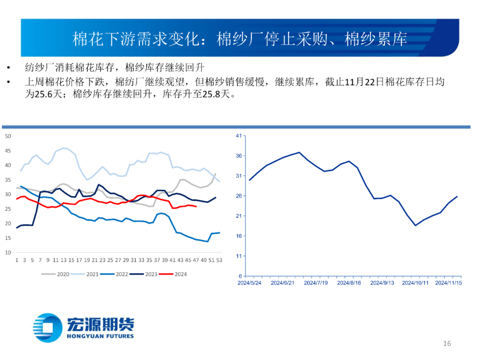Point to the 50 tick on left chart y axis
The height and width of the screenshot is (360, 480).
8,136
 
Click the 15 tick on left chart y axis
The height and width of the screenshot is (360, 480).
8,238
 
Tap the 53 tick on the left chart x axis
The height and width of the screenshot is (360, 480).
219,260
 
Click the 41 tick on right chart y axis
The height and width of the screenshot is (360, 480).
238,136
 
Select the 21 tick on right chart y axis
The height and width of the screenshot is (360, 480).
238,216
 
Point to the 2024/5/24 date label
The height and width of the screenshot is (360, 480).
250,283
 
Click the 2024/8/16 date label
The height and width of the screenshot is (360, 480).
349,283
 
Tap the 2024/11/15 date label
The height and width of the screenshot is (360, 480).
448,283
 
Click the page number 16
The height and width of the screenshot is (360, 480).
447,344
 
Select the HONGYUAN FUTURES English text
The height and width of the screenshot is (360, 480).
100,336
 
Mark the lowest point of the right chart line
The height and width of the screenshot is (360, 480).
416,225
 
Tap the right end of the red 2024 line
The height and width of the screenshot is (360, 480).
196,206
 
